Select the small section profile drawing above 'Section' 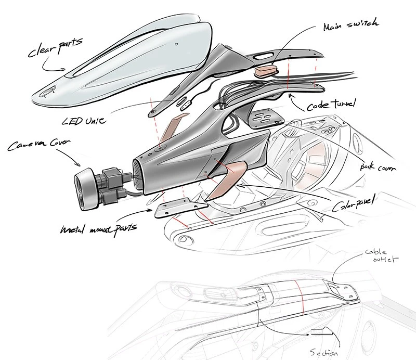324,330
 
